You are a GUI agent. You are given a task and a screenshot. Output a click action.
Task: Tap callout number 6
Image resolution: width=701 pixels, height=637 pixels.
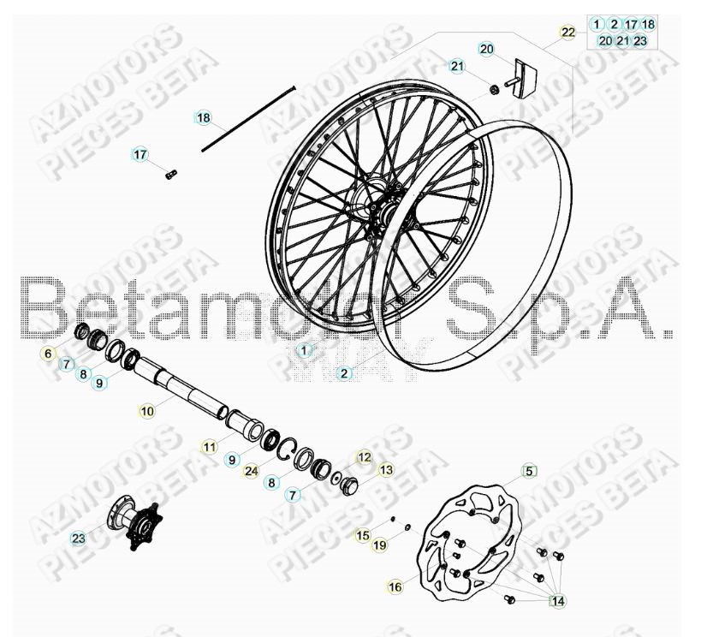click(48, 353)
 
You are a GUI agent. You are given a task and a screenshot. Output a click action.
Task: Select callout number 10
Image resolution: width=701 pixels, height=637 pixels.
click(147, 411)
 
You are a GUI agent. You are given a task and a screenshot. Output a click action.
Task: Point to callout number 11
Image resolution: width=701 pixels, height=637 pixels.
click(210, 446)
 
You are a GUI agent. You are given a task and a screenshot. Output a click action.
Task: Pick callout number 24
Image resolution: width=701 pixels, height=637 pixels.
click(250, 470)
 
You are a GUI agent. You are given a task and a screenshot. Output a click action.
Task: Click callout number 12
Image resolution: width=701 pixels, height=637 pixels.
click(365, 457)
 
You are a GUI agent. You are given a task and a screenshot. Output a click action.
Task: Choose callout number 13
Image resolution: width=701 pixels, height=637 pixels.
click(386, 469)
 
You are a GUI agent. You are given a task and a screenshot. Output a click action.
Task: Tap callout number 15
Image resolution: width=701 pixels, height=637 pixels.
click(362, 535)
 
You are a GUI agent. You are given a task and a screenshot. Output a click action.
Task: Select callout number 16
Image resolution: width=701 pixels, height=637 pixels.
click(395, 586)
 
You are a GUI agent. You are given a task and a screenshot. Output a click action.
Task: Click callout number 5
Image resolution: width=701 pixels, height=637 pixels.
click(529, 470)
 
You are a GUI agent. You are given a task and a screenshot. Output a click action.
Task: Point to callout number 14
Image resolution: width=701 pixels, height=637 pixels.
click(558, 601)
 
